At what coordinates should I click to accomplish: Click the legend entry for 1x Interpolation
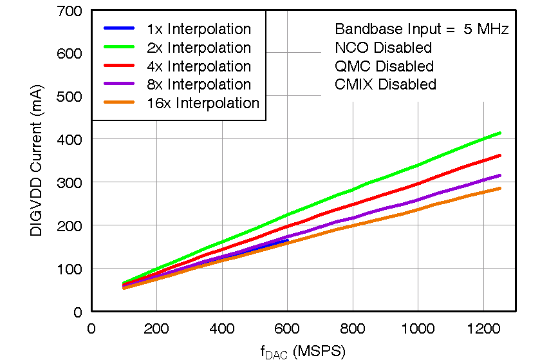click(x=198, y=29)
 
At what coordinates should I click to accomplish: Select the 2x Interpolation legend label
click(x=198, y=48)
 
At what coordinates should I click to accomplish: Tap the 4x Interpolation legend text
click(x=198, y=66)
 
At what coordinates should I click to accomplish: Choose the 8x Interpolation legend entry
click(x=198, y=84)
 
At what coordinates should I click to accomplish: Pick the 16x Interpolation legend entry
click(x=202, y=103)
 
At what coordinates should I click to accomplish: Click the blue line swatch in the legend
click(x=119, y=29)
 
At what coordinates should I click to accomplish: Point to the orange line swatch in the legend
click(x=119, y=103)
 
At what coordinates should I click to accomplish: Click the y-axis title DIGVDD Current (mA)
click(x=36, y=160)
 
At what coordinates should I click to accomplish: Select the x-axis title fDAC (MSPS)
click(x=303, y=351)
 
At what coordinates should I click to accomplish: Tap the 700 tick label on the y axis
click(x=69, y=11)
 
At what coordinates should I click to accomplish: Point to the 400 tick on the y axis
click(x=69, y=139)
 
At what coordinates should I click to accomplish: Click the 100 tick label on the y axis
click(x=69, y=268)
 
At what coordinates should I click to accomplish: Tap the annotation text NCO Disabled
click(x=383, y=48)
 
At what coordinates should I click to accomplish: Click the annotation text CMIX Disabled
click(x=386, y=84)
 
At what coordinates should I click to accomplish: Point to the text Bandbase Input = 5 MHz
click(x=422, y=29)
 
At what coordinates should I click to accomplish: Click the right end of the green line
click(x=499, y=133)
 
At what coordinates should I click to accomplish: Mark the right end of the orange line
click(x=499, y=188)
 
